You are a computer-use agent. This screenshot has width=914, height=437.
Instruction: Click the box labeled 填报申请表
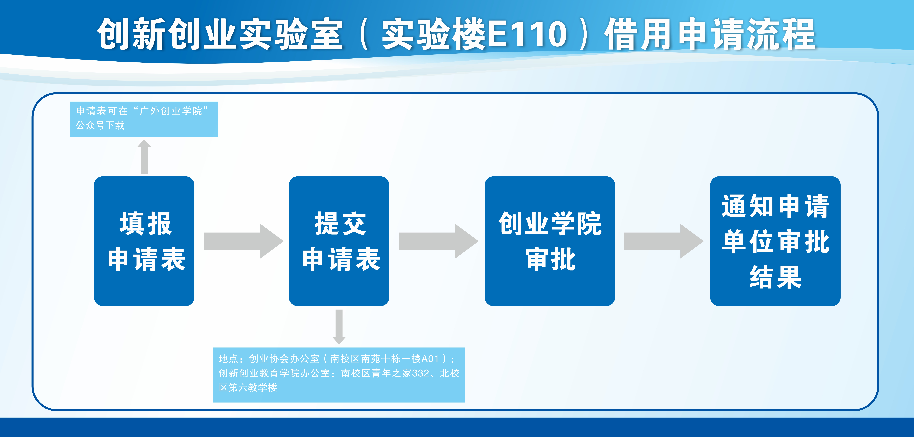pos(144,241)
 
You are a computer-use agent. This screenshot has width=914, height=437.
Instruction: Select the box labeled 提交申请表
pos(339,241)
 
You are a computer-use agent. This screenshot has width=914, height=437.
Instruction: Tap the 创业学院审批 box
pos(550,241)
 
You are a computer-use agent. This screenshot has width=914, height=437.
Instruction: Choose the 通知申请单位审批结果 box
pos(775,241)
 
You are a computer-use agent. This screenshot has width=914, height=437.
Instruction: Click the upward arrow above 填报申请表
pos(144,157)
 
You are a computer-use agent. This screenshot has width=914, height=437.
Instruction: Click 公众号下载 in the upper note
pos(100,125)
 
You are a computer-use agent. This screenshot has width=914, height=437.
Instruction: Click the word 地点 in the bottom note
pos(228,359)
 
